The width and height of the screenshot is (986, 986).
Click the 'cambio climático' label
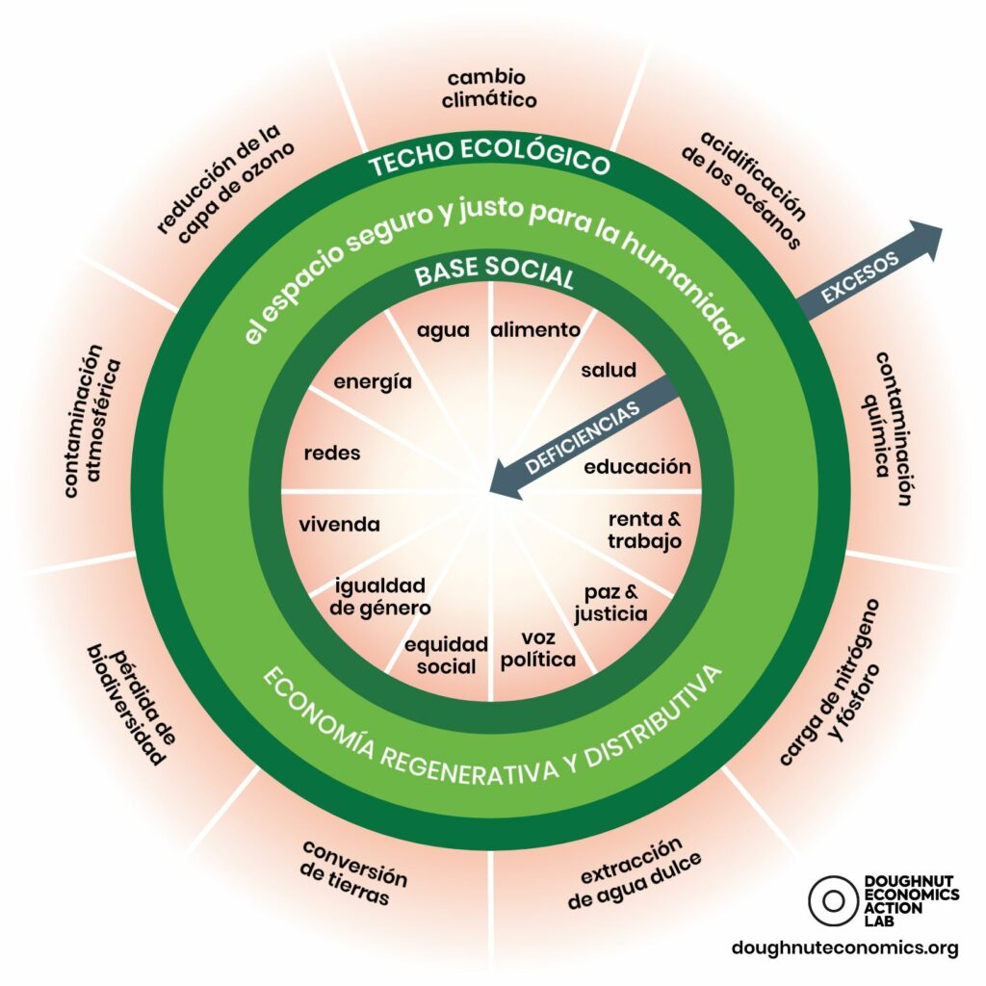489,89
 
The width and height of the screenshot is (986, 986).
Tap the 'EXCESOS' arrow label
860,278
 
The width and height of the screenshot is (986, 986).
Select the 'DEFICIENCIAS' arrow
584,437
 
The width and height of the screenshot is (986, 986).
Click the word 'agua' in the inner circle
443,331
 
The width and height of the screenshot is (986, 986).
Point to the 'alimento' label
535,329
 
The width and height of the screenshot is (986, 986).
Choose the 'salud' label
609,370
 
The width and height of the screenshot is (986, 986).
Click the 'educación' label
637,467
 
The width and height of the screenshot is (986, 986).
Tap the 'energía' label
373,382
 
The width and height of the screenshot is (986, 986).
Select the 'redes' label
332,453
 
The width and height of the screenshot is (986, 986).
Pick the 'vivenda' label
340,525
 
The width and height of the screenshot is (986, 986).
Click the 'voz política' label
538,648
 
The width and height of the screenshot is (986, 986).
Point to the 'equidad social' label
446,655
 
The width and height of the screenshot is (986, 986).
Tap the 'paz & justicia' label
610,603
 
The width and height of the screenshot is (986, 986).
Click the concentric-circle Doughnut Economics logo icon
833,900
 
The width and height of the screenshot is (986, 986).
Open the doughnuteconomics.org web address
845,947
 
